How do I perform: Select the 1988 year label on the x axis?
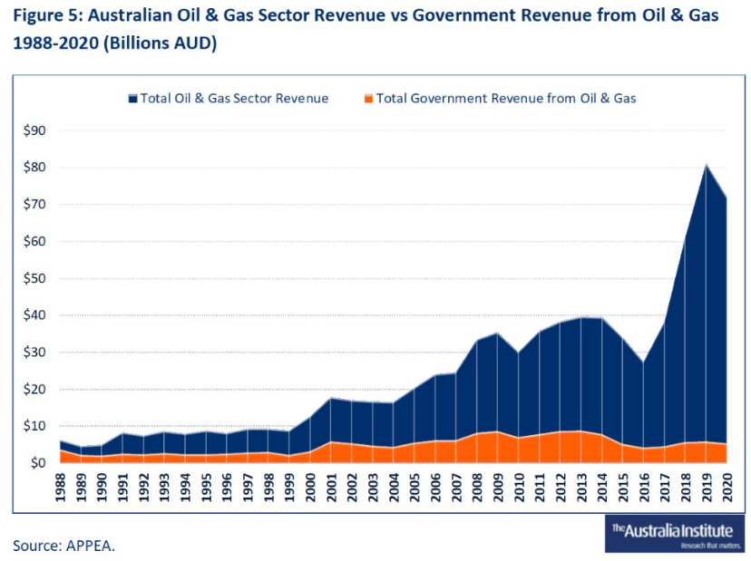61,488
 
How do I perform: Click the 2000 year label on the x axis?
311,488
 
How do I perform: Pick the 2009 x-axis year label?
498,488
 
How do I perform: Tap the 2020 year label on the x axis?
727,488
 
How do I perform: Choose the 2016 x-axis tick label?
643,488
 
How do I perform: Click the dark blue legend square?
134,98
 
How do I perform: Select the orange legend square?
367,98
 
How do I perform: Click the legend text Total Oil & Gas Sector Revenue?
234,98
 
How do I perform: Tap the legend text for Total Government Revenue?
505,98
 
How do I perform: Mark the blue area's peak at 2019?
706,165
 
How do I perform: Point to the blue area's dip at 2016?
643,363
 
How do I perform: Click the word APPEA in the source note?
91,545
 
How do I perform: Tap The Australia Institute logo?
675,534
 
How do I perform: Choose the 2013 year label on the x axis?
581,488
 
